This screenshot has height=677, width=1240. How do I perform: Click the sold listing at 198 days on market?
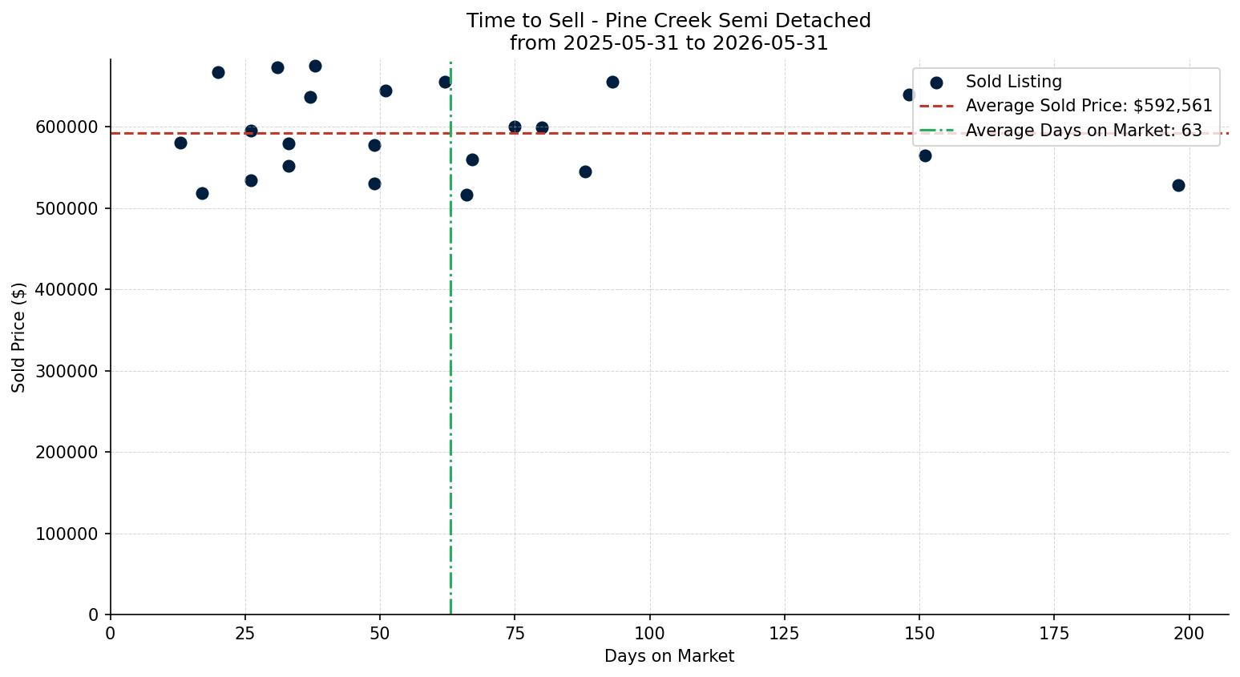[x=1178, y=185]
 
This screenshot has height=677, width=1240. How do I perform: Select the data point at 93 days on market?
[x=612, y=83]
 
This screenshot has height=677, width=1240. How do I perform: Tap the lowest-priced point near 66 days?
[x=467, y=195]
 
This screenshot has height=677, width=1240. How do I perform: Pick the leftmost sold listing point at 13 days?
[x=180, y=143]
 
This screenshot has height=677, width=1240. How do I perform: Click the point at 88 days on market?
[x=585, y=172]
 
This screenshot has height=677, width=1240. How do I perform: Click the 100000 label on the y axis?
[x=68, y=534]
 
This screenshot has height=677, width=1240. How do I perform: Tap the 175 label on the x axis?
[x=1054, y=634]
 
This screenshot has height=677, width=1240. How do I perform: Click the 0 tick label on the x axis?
[x=110, y=634]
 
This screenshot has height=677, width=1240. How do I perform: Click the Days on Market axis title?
[x=669, y=656]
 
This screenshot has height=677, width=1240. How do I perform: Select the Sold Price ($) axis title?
[x=18, y=337]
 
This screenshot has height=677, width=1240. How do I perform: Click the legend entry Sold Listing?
[x=1014, y=82]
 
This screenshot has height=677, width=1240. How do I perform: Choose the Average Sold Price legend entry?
[x=1089, y=106]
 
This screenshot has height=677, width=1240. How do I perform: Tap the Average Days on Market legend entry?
[x=1084, y=131]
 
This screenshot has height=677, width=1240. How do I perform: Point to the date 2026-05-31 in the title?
[x=770, y=43]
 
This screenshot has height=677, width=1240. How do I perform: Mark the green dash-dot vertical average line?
[x=450, y=338]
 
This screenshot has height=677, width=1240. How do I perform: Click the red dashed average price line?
[x=669, y=133]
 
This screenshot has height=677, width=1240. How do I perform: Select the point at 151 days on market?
[x=925, y=156]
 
